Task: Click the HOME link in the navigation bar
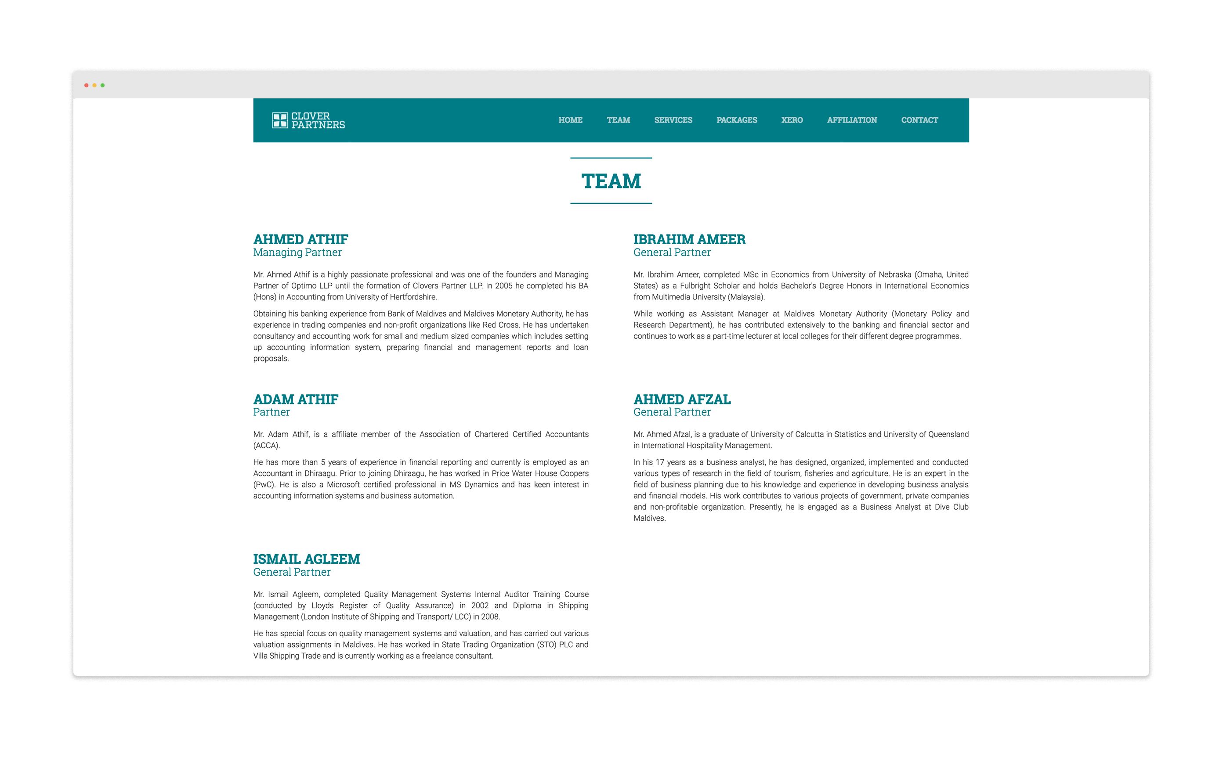(x=570, y=120)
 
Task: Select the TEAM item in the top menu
(x=618, y=120)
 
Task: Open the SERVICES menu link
(x=673, y=120)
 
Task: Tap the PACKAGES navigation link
(x=736, y=120)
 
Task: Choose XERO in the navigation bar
(x=791, y=120)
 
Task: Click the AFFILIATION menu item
(x=851, y=120)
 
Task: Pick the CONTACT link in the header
(x=919, y=120)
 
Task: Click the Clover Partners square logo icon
(x=279, y=120)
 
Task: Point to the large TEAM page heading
(x=611, y=181)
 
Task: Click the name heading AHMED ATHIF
(x=300, y=239)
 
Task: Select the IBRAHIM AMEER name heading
(x=689, y=239)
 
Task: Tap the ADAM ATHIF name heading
(x=296, y=400)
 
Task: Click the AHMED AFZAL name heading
(x=682, y=400)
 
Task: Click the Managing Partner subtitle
(x=297, y=252)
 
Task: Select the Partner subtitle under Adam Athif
(x=271, y=412)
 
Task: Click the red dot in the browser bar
(x=87, y=86)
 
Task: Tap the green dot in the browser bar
(x=103, y=86)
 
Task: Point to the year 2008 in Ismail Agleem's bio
(x=490, y=617)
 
